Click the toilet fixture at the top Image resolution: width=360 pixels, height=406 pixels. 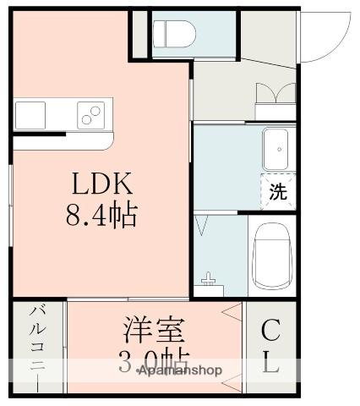(x=173, y=34)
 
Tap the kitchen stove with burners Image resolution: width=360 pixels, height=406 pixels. (x=91, y=112)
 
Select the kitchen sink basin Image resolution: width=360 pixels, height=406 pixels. (x=30, y=112)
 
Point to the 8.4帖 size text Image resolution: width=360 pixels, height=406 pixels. (x=101, y=216)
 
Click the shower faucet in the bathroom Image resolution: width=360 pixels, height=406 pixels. (x=209, y=277)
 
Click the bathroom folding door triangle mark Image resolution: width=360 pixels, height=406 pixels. (x=204, y=225)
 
